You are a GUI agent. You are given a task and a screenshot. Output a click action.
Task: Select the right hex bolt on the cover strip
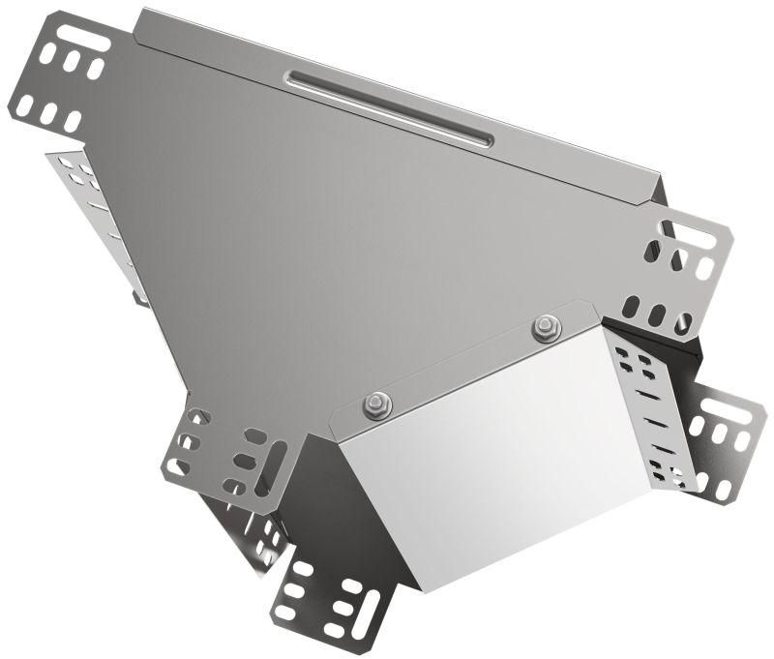pos(546,328)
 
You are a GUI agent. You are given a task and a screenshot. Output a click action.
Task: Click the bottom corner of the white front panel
pos(421,585)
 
